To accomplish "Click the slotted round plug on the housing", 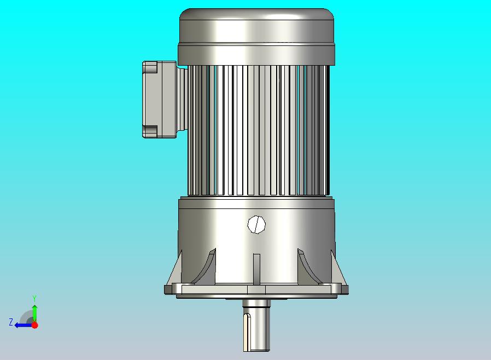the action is click(256, 224).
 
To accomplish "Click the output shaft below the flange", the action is click(256, 326).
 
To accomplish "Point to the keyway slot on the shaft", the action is click(247, 332).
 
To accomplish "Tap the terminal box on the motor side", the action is click(160, 100).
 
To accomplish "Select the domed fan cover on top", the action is click(256, 26).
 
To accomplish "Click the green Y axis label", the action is click(35, 298).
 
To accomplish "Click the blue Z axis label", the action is click(11, 322).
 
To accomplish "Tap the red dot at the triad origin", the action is click(35, 325).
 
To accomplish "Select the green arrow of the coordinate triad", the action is click(35, 313).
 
